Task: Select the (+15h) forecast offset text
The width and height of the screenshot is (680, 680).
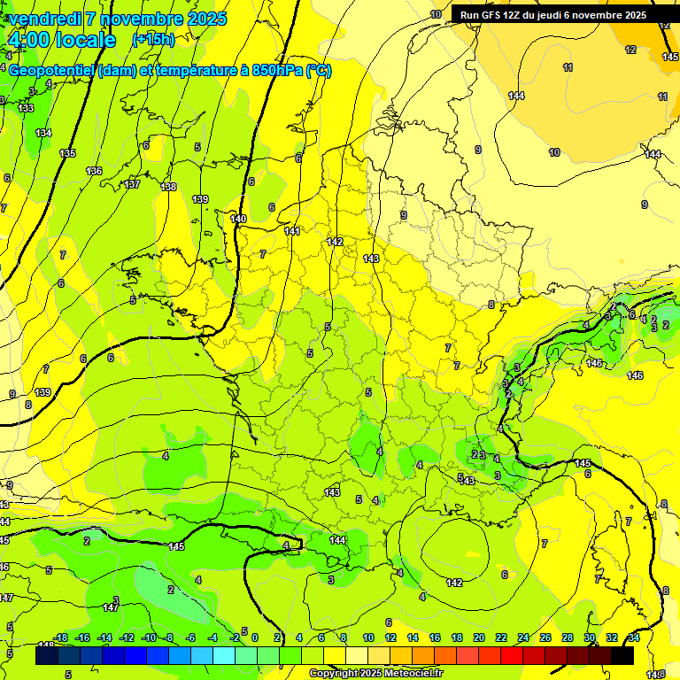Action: pyautogui.click(x=152, y=40)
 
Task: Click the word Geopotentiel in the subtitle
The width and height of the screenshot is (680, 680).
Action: pyautogui.click(x=51, y=71)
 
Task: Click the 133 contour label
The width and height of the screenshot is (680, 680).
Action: pyautogui.click(x=27, y=108)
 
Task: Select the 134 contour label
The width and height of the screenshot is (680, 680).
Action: pyautogui.click(x=43, y=133)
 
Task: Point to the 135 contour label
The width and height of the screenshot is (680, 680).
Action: pyautogui.click(x=67, y=153)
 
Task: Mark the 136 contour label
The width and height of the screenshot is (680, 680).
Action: pyautogui.click(x=94, y=171)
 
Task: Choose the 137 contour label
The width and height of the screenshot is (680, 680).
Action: pyautogui.click(x=132, y=184)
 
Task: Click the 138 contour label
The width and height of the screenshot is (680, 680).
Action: pyautogui.click(x=168, y=187)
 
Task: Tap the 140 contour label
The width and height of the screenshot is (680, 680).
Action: pyautogui.click(x=237, y=219)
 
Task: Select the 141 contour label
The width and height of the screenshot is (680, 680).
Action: pyautogui.click(x=292, y=231)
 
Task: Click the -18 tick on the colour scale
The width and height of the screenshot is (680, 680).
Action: pyautogui.click(x=60, y=637)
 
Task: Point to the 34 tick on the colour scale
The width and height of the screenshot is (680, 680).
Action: pyautogui.click(x=634, y=637)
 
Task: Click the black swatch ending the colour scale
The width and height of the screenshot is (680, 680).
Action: pyautogui.click(x=622, y=656)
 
